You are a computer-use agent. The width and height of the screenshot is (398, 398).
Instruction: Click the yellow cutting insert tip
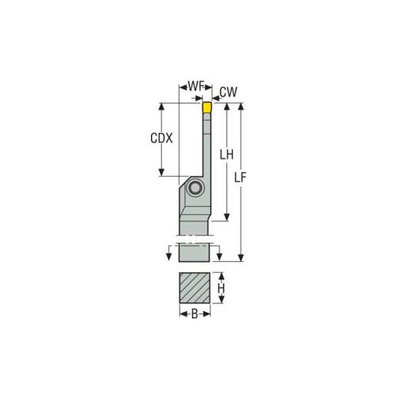207,107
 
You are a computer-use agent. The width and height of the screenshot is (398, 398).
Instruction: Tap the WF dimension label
191,86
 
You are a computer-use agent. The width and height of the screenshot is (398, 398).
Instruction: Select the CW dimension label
227,92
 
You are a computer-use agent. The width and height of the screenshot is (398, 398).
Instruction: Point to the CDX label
162,137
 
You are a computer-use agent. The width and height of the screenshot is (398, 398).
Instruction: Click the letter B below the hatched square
195,314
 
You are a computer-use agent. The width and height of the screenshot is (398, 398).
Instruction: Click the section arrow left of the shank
169,253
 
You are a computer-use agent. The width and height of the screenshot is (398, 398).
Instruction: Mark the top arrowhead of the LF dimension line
242,105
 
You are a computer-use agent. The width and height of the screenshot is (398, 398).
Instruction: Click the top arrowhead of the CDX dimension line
162,105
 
